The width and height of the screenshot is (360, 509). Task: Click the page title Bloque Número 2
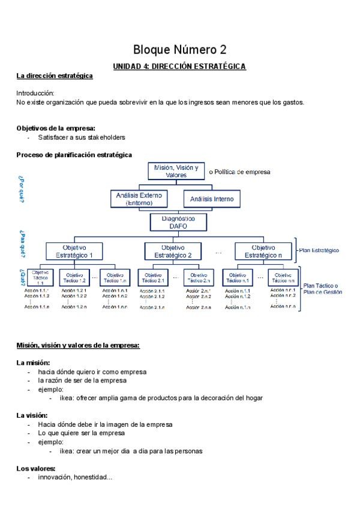(180, 49)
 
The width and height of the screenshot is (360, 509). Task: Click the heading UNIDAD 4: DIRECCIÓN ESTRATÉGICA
(180, 67)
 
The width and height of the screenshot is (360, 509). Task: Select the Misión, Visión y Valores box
(176, 171)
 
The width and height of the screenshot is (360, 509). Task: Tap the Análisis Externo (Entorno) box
(140, 199)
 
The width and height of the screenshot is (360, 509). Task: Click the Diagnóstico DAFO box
(178, 223)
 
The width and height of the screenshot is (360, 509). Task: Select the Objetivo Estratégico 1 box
(74, 251)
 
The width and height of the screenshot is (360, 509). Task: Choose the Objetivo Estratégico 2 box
(173, 251)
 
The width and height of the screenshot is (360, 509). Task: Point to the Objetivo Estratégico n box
(263, 251)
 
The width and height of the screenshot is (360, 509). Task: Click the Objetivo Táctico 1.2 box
(74, 277)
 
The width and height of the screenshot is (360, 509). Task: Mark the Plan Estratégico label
(319, 250)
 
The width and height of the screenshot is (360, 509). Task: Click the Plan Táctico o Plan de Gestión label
(323, 289)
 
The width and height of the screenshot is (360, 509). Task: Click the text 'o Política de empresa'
(239, 172)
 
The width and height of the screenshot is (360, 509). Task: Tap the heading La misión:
(33, 363)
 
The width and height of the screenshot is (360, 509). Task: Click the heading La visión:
(32, 415)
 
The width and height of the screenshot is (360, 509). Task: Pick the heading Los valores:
(36, 468)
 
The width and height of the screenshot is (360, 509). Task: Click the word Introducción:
(35, 94)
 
